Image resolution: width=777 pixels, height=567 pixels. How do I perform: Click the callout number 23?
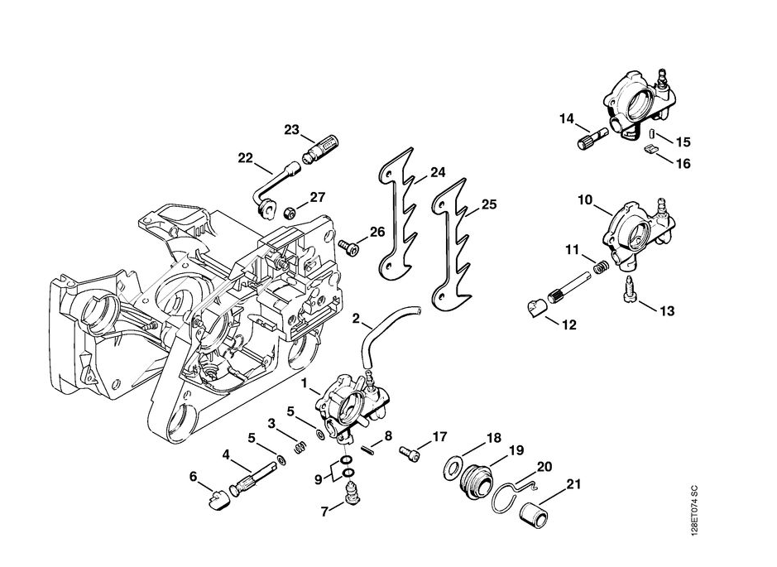tap(291, 130)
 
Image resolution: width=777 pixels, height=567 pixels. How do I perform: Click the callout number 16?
tap(683, 164)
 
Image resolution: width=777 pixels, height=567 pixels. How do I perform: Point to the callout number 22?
tap(245, 158)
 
